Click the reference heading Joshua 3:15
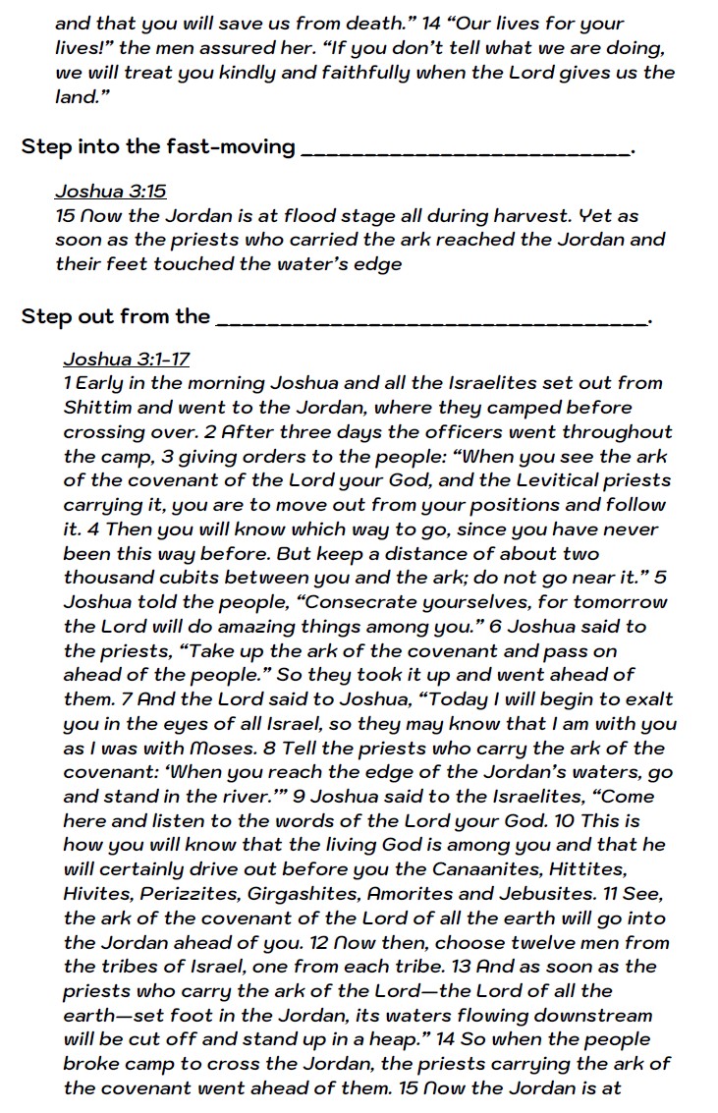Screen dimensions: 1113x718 tap(110, 192)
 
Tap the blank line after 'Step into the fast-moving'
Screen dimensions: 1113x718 tap(466, 149)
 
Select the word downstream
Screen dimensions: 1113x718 tap(592, 1014)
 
